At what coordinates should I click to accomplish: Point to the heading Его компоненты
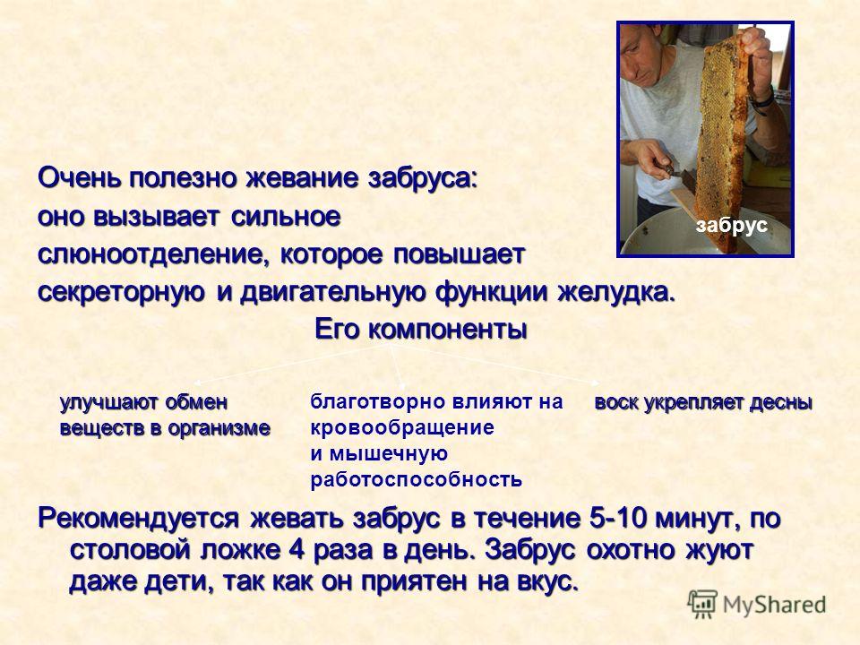[421, 330]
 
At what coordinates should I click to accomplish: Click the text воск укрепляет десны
[703, 402]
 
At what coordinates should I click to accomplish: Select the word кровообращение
[402, 428]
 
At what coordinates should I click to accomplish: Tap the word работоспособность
[416, 480]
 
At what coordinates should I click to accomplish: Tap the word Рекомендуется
[139, 519]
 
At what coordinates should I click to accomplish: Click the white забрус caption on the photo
[731, 225]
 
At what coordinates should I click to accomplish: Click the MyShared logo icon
[702, 605]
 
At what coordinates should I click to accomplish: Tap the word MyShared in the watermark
[774, 606]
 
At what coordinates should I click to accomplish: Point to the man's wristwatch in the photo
[763, 99]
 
